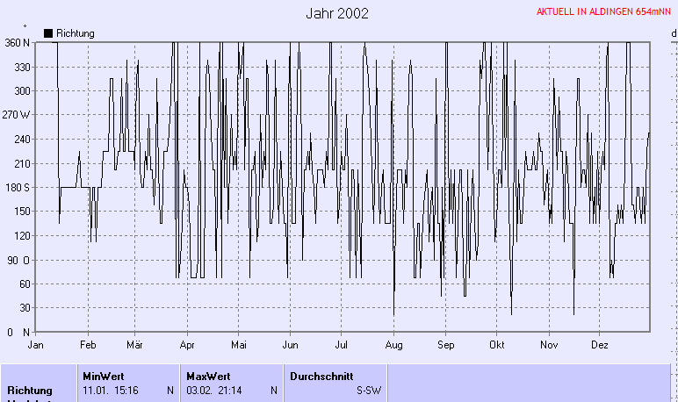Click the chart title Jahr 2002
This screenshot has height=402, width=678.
[337, 13]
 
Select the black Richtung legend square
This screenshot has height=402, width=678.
[48, 32]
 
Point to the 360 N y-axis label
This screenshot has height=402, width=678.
[17, 42]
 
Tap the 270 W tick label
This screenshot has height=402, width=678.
[17, 115]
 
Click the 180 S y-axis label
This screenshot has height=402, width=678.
[17, 187]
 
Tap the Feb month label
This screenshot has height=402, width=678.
[87, 345]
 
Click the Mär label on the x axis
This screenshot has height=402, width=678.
[134, 345]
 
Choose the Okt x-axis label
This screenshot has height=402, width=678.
[497, 345]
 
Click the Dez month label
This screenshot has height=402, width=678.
[600, 345]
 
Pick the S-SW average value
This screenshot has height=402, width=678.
[368, 390]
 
